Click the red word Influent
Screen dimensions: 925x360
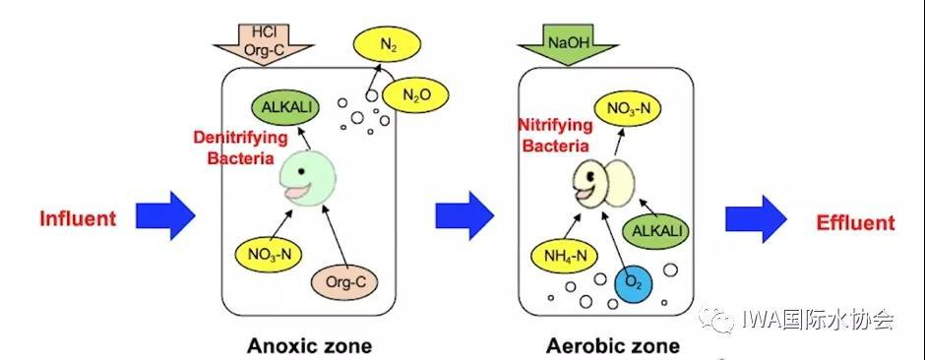[x=78, y=218]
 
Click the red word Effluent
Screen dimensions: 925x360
[x=855, y=222]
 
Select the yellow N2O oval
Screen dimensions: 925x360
[x=415, y=94]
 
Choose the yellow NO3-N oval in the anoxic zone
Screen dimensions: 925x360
[x=269, y=255]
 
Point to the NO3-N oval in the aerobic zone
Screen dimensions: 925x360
[x=626, y=108]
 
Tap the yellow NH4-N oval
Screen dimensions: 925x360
[x=565, y=255]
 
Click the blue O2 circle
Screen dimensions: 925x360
[x=633, y=283]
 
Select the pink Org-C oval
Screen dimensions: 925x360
[x=344, y=281]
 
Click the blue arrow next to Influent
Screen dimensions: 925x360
[x=165, y=215]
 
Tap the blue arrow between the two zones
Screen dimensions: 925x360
[x=464, y=215]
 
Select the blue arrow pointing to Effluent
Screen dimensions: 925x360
[x=756, y=218]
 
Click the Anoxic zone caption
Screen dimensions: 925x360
[x=309, y=345]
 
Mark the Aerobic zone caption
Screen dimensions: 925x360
[x=612, y=345]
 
